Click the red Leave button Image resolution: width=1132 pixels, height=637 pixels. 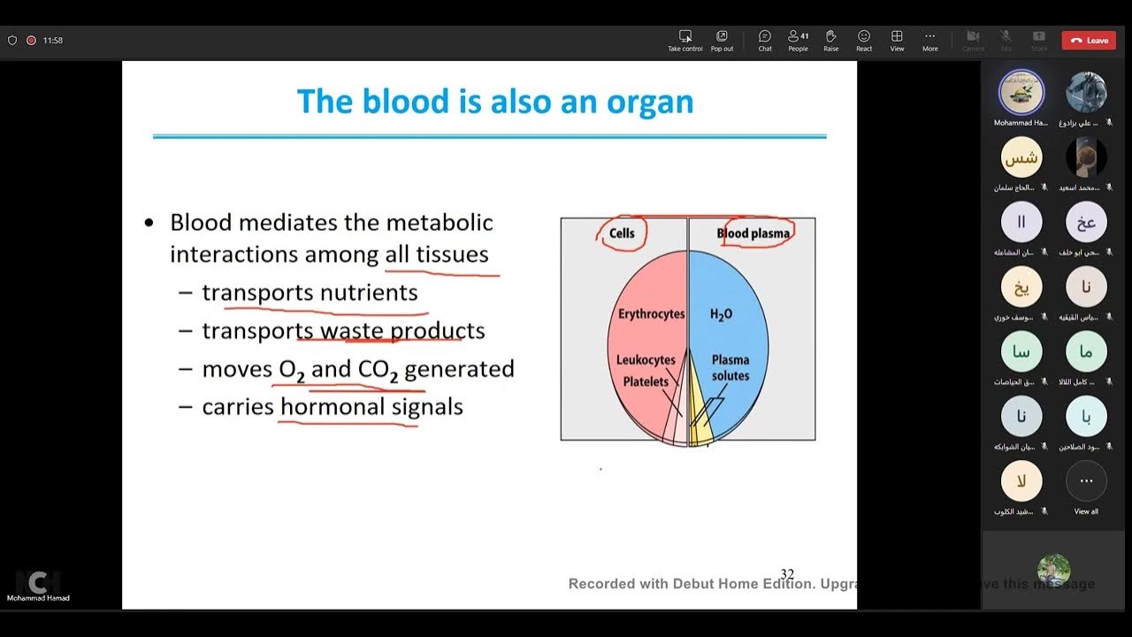[x=1088, y=40]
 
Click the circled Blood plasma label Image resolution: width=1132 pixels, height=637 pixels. [x=753, y=234]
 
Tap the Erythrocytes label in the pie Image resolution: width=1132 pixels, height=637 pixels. [x=651, y=314]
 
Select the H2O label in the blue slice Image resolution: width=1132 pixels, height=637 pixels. [x=721, y=314]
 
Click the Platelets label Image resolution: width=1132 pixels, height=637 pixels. [x=646, y=381]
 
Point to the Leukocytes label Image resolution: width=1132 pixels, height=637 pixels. [x=646, y=360]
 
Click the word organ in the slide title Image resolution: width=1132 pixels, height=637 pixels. [x=649, y=102]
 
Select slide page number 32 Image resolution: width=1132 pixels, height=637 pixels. [x=786, y=575]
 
